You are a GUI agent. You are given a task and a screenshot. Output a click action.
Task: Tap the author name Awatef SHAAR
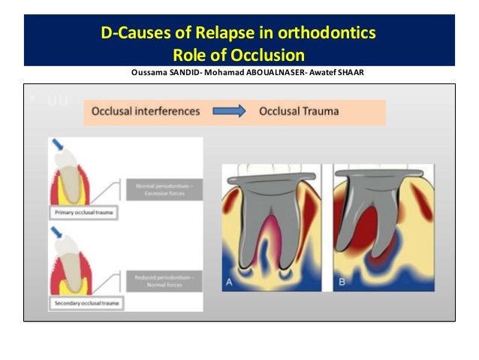pyautogui.click(x=332, y=73)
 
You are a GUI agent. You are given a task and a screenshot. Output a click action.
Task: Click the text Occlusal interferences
pyautogui.click(x=146, y=111)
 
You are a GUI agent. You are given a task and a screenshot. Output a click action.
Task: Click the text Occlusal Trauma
pyautogui.click(x=299, y=111)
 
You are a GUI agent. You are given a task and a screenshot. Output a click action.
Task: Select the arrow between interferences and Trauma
pyautogui.click(x=229, y=111)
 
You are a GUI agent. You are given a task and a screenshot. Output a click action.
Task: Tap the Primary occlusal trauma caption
pyautogui.click(x=84, y=213)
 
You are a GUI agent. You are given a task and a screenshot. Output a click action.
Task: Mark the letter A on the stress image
pyautogui.click(x=228, y=283)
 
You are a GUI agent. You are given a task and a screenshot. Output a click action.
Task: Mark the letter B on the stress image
pyautogui.click(x=342, y=283)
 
